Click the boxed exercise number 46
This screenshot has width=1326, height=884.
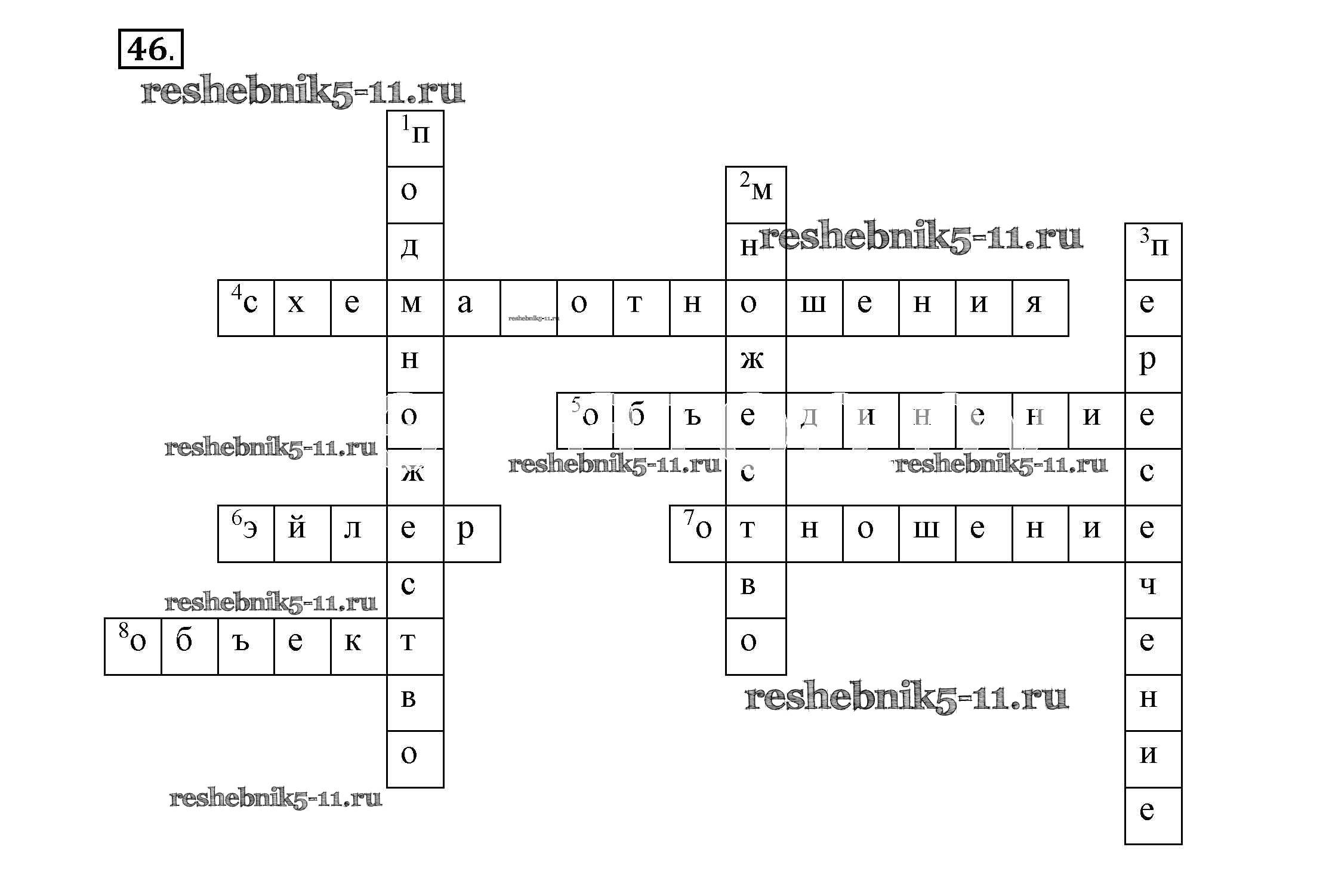150,49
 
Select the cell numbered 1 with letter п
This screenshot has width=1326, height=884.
415,138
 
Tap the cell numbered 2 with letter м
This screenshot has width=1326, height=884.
755,195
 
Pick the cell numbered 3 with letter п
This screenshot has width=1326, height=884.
1153,251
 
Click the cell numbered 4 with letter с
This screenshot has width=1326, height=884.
246,308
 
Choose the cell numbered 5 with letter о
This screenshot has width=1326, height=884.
585,421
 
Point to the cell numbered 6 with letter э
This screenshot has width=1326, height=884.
246,533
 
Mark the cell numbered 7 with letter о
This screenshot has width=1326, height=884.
698,533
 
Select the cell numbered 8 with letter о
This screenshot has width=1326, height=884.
133,646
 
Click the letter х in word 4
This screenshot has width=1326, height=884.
303,308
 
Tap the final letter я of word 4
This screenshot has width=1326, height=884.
1040,308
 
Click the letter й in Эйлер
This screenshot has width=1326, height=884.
303,533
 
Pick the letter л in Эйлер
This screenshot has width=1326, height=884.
359,533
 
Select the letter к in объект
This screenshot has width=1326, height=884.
359,646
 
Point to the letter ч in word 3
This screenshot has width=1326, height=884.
1153,589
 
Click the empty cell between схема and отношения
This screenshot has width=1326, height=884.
528,308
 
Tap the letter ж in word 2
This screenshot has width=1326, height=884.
755,364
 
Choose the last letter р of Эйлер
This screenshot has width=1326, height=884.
472,533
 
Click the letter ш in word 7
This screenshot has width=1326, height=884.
927,533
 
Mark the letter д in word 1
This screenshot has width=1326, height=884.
415,251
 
